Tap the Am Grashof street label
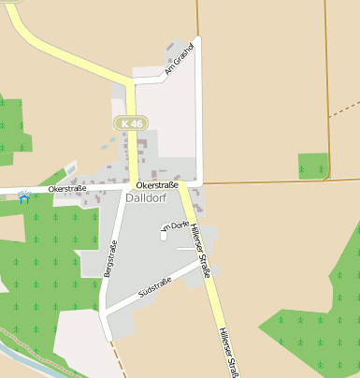tap(178, 59)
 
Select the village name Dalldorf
tap(145, 199)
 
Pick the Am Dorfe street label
tap(174, 227)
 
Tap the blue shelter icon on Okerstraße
tap(24, 196)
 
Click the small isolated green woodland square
tap(313, 166)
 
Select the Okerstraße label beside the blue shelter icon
tap(67, 189)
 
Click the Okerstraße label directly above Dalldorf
tap(156, 186)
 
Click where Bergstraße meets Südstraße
tap(105, 310)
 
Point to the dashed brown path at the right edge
tap(345, 106)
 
